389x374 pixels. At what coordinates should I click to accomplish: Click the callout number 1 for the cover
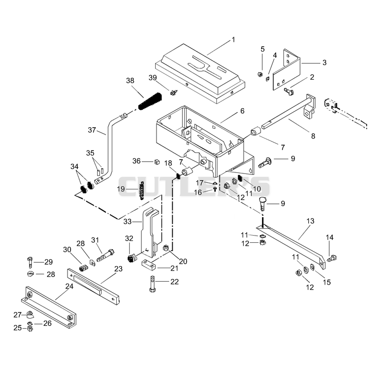(x=233, y=40)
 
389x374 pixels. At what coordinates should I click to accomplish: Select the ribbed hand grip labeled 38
(x=150, y=102)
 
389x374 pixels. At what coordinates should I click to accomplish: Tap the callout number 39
(x=153, y=78)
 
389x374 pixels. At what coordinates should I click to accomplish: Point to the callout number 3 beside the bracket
(x=324, y=63)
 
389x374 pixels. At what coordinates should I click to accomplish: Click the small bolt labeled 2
(x=289, y=91)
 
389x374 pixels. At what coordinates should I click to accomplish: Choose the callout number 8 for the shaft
(x=313, y=136)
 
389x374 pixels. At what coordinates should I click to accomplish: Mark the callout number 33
(x=127, y=221)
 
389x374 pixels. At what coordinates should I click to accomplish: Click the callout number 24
(x=70, y=286)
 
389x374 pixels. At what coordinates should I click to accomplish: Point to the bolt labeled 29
(x=30, y=263)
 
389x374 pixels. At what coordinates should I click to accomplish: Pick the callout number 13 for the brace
(x=310, y=221)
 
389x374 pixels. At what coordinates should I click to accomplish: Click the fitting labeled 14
(x=332, y=259)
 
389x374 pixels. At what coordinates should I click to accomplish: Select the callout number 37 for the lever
(x=92, y=130)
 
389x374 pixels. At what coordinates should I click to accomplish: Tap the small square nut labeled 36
(x=157, y=162)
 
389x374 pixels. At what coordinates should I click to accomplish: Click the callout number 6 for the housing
(x=242, y=111)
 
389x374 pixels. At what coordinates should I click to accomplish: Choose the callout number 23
(x=119, y=269)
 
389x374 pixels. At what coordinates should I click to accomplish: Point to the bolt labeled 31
(x=106, y=255)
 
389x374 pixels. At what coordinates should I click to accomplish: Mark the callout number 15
(x=327, y=282)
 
